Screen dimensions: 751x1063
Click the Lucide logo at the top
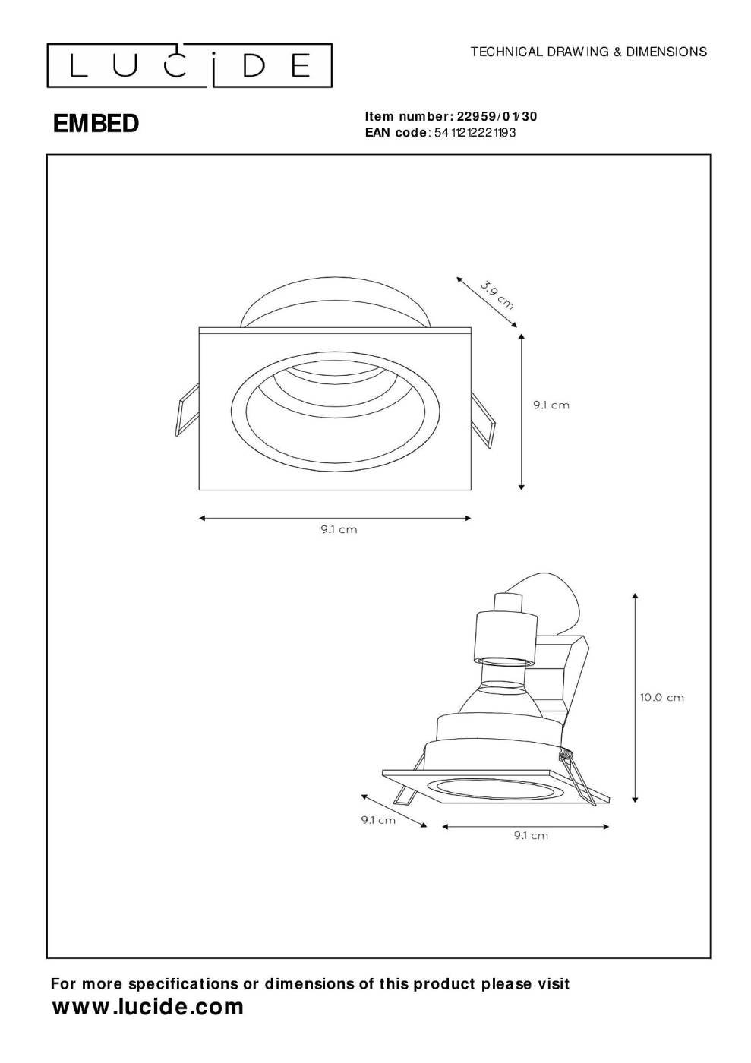click(x=189, y=65)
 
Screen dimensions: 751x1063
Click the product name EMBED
click(x=96, y=124)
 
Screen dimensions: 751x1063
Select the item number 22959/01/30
click(x=497, y=116)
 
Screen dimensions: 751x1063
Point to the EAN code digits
click(x=475, y=132)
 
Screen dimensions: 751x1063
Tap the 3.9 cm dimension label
click(x=497, y=295)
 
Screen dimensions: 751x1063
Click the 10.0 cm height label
click(x=661, y=697)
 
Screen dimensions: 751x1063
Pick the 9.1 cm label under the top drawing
click(x=339, y=529)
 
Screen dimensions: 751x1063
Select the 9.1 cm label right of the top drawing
click(x=551, y=405)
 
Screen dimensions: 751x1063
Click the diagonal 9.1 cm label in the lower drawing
click(x=378, y=819)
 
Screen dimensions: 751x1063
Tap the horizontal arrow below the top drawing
click(x=335, y=518)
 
